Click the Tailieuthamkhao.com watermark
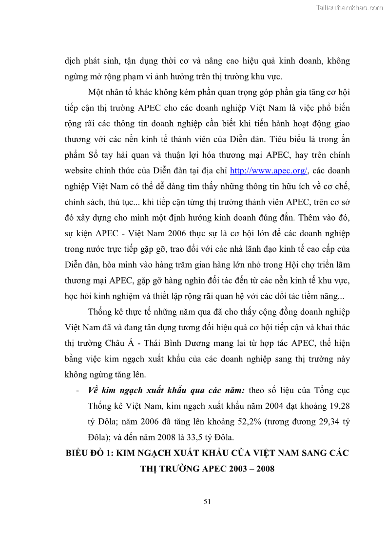click(349, 8)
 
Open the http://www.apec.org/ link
click(268, 170)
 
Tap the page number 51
click(207, 503)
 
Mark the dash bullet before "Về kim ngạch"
click(78, 390)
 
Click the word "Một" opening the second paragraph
click(96, 92)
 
